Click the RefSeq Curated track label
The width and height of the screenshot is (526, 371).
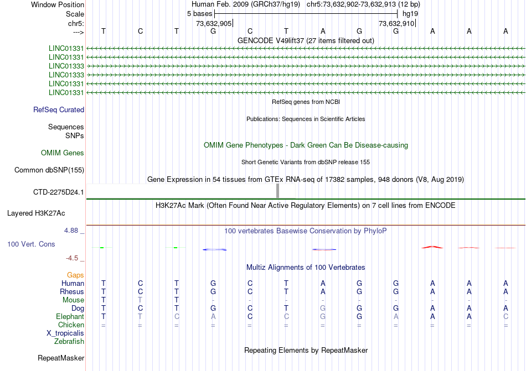click(59, 109)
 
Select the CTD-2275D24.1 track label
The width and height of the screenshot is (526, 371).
click(59, 192)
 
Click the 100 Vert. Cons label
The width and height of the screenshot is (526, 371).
click(31, 244)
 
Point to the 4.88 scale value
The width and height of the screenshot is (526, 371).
click(72, 231)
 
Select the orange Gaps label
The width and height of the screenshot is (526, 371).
click(75, 275)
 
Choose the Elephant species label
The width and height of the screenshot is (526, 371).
click(70, 317)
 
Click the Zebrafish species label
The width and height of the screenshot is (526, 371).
click(69, 342)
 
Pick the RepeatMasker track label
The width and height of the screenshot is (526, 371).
click(61, 358)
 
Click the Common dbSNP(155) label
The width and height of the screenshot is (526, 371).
click(49, 170)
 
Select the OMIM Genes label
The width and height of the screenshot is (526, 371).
click(63, 153)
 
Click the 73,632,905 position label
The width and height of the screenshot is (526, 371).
click(214, 23)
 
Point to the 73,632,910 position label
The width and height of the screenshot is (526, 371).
click(396, 23)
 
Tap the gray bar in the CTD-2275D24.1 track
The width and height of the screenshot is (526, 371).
click(277, 191)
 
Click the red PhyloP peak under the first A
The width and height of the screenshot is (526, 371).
click(432, 247)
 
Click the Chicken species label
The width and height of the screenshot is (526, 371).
click(71, 325)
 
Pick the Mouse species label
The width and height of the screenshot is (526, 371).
click(74, 300)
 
